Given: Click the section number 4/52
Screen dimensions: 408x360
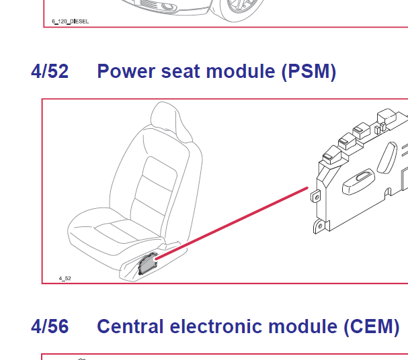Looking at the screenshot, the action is [x=50, y=71].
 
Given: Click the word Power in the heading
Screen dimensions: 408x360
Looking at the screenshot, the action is [x=126, y=71].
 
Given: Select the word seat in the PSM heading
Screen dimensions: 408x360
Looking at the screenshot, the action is [x=181, y=71].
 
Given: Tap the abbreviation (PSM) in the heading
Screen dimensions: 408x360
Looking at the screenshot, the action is [x=309, y=72].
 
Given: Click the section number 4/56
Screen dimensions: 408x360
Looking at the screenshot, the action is [x=50, y=326].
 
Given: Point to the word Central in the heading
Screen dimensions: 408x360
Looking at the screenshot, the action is [x=130, y=326].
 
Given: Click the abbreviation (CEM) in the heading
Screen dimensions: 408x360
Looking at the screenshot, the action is [x=372, y=326].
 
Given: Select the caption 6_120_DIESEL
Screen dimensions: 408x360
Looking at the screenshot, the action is [x=71, y=21].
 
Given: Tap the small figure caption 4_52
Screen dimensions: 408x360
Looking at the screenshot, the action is [x=65, y=278].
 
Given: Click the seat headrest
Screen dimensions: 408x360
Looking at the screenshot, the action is [x=171, y=120].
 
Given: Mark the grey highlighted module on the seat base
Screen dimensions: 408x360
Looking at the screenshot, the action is [x=148, y=264].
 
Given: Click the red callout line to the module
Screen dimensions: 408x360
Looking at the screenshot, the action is [x=232, y=223].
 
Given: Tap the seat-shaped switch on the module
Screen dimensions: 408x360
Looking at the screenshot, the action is [x=358, y=181].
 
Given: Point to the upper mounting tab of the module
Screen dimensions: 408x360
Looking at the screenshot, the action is [x=316, y=196].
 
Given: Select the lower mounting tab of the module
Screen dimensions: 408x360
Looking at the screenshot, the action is [x=320, y=226].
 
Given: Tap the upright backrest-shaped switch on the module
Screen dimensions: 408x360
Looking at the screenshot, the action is [x=387, y=158].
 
